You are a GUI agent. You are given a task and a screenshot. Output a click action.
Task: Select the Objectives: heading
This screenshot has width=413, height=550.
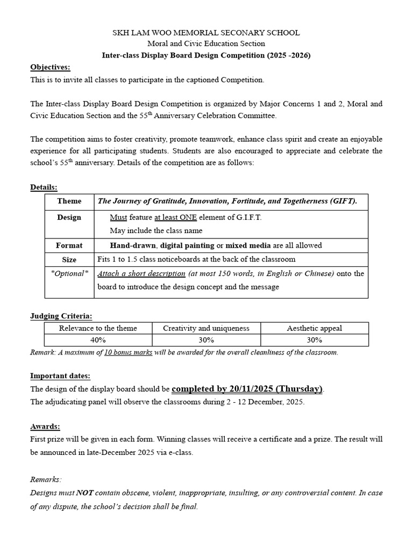pyautogui.click(x=50, y=67)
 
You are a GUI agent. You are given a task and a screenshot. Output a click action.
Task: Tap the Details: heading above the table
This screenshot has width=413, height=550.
pyautogui.click(x=44, y=187)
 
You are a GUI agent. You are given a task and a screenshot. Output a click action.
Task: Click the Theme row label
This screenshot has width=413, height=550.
pyautogui.click(x=69, y=201)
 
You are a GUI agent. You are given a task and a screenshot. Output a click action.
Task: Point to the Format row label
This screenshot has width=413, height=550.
pyautogui.click(x=69, y=245)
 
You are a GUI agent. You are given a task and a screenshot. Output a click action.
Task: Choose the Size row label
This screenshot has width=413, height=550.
pyautogui.click(x=69, y=259)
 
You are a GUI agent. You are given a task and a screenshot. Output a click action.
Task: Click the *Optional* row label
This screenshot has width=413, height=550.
pyautogui.click(x=69, y=273)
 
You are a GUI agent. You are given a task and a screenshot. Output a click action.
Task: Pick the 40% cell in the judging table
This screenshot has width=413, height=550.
pyautogui.click(x=98, y=340)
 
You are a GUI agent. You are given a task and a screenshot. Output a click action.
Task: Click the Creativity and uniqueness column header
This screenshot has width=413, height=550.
pyautogui.click(x=206, y=328)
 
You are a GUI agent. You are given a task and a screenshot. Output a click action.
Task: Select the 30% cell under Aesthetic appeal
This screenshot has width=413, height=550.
pyautogui.click(x=314, y=340)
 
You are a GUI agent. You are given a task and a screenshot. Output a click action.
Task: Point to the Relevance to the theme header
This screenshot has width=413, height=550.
pyautogui.click(x=98, y=328)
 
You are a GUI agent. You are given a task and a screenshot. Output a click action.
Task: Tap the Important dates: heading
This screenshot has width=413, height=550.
pyautogui.click(x=60, y=375)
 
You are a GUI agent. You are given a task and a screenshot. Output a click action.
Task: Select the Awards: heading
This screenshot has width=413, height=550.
pyautogui.click(x=45, y=426)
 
